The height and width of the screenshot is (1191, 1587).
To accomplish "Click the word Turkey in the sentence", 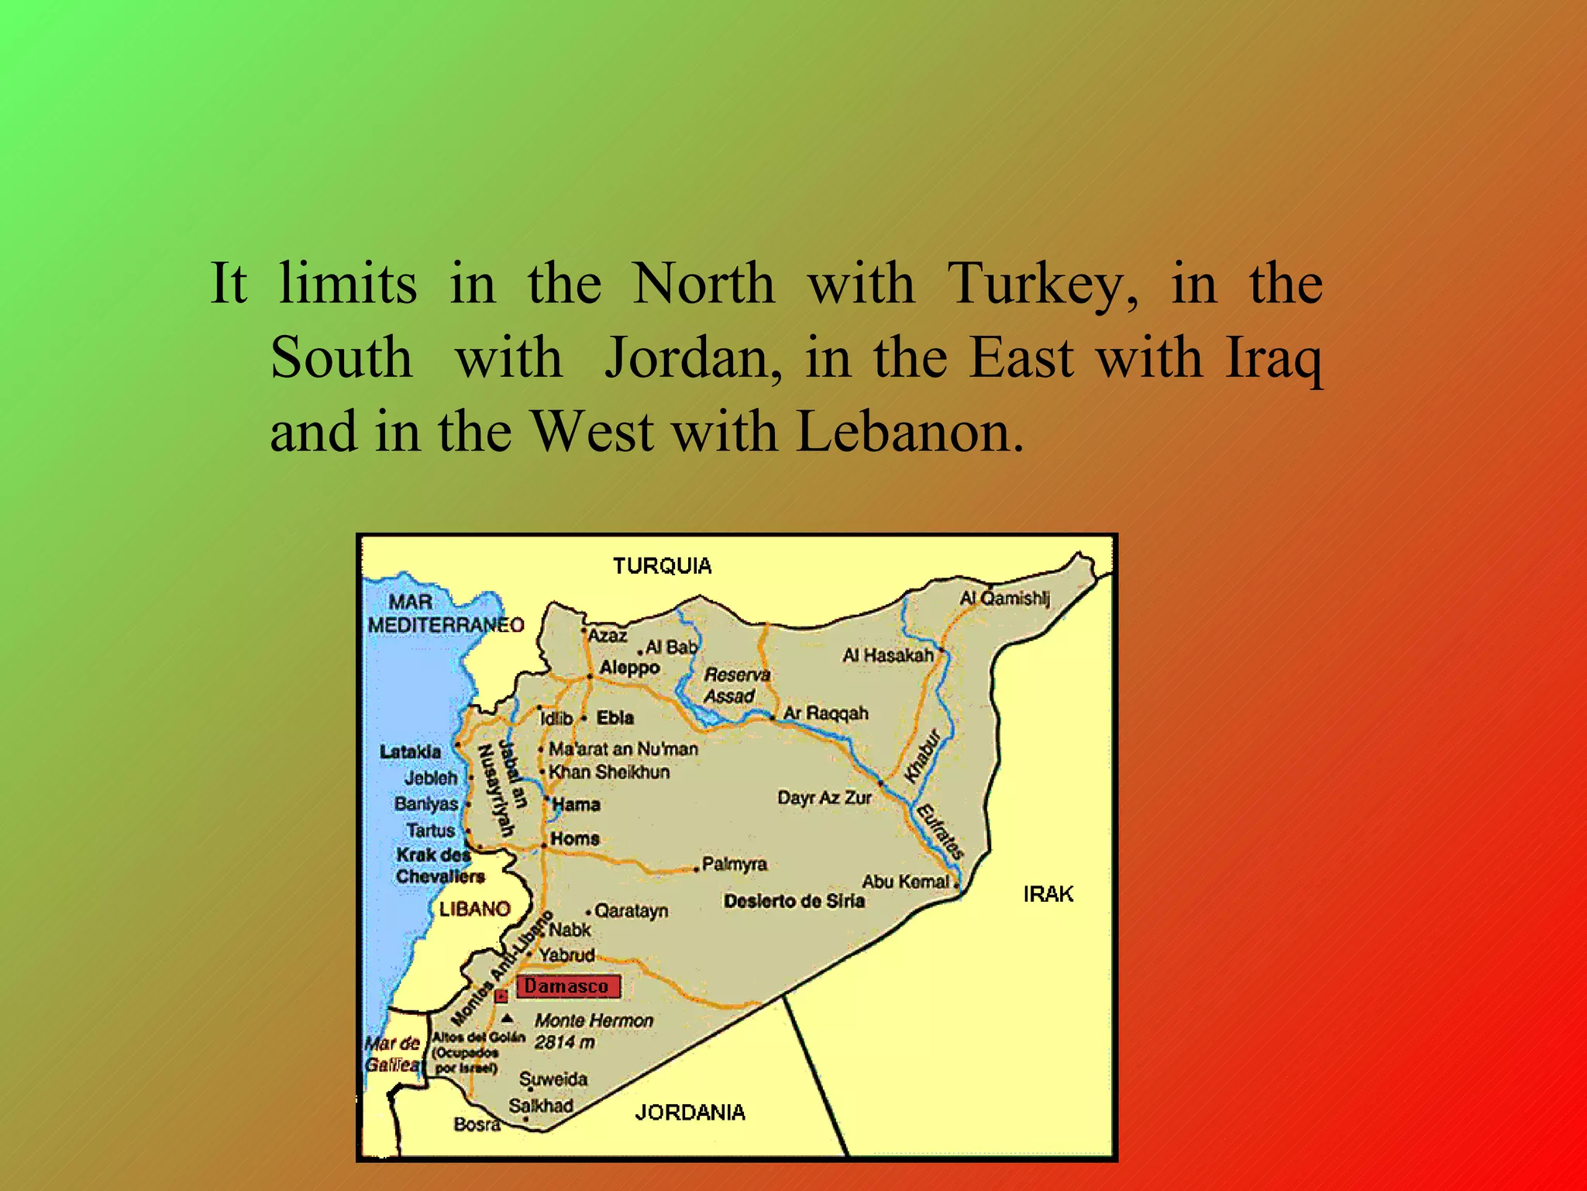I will point(1043,285).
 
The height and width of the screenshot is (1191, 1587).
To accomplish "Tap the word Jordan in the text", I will point(692,358).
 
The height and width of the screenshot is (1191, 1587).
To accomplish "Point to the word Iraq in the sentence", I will point(1274,358).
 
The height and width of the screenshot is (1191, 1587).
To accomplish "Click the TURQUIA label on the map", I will point(662,566).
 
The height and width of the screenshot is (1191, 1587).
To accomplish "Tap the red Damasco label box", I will point(567,986).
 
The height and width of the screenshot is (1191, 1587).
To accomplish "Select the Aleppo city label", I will point(629,668).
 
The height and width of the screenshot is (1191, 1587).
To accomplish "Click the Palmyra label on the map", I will point(734,864).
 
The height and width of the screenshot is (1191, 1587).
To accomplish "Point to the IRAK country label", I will point(1048,894).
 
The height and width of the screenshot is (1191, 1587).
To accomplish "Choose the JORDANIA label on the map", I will point(690,1113).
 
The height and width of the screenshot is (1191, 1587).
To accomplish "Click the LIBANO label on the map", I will point(474,909).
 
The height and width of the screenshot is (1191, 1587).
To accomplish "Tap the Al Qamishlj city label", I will point(1004,598).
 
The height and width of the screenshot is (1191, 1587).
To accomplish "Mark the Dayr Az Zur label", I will point(824,797).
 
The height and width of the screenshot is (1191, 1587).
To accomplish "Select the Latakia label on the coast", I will point(410,751).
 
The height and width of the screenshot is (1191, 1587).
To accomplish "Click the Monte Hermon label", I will point(594,1020).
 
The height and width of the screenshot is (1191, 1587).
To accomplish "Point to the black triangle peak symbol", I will point(507,1019).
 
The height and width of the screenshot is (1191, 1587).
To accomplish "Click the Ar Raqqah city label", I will point(825,713).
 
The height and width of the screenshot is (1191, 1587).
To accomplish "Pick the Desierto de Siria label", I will point(793,901).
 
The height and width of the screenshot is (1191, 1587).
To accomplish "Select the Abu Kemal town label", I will point(905,882).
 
